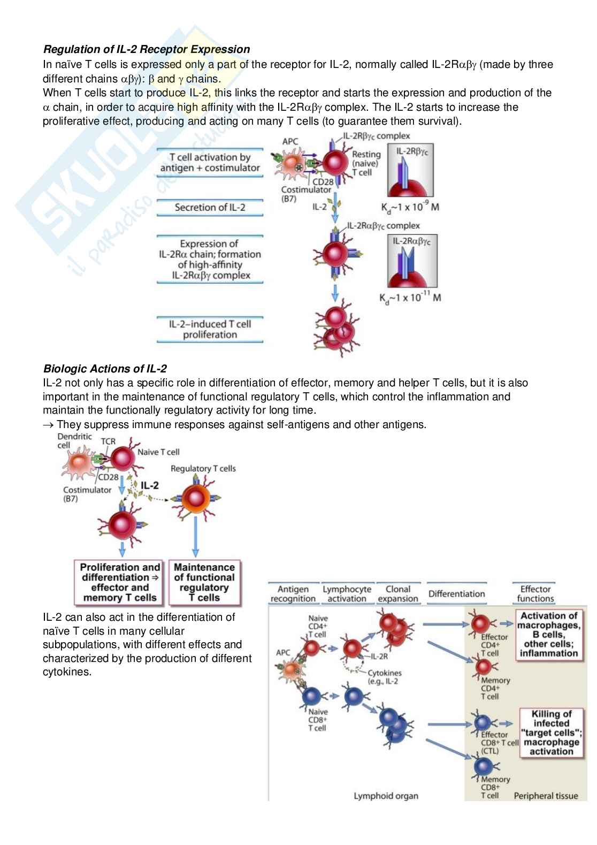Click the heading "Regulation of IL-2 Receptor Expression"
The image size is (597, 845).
pos(146,49)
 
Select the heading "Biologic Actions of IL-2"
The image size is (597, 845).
pos(105,369)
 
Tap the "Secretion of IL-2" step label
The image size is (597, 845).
pos(210,208)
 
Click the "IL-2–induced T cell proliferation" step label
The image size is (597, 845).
pos(210,329)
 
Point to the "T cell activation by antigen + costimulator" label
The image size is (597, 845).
pos(210,162)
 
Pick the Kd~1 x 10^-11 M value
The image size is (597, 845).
pos(410,298)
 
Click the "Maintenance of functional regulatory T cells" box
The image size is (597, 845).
pos(204,582)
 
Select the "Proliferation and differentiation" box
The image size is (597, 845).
pos(120,582)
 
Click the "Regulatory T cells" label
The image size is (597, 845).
pos(203,469)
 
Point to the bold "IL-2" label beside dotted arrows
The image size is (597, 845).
pos(149,486)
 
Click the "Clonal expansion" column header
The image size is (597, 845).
pos(397,594)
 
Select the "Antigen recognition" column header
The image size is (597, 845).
pos(293,594)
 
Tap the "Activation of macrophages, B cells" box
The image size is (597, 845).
pos(548,635)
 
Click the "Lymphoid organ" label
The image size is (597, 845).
pos(386,796)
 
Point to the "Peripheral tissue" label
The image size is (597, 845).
pos(546,796)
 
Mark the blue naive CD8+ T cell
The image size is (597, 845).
pos(311,696)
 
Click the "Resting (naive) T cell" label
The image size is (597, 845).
pos(366,163)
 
